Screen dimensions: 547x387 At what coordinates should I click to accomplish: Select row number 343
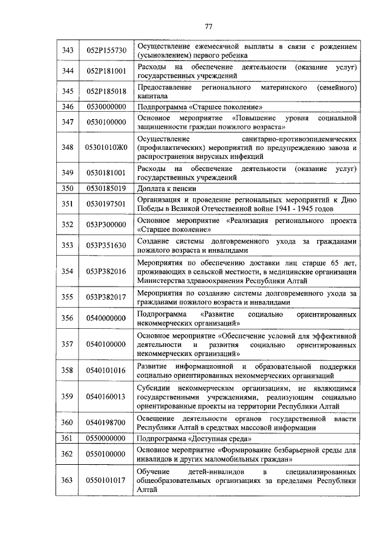pyautogui.click(x=68, y=50)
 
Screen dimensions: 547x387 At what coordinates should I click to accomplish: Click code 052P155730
pyautogui.click(x=106, y=50)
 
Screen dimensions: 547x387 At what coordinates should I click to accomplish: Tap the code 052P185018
pyautogui.click(x=106, y=91)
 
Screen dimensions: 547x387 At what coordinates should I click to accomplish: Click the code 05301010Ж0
pyautogui.click(x=106, y=147)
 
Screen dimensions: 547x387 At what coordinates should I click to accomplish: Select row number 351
pyautogui.click(x=68, y=204)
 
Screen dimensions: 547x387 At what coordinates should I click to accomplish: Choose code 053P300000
pyautogui.click(x=106, y=225)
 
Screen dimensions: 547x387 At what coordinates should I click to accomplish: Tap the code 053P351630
pyautogui.click(x=106, y=245)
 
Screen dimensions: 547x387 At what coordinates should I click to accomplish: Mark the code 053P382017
pyautogui.click(x=106, y=297)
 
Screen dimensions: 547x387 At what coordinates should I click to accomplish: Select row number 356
pyautogui.click(x=68, y=318)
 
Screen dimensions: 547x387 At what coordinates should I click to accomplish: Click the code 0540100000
pyautogui.click(x=106, y=344)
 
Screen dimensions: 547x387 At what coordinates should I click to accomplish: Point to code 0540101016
pyautogui.click(x=106, y=371)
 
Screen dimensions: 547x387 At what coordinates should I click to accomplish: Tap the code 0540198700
pyautogui.click(x=106, y=422)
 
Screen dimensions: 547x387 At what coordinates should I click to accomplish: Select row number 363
pyautogui.click(x=68, y=480)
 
